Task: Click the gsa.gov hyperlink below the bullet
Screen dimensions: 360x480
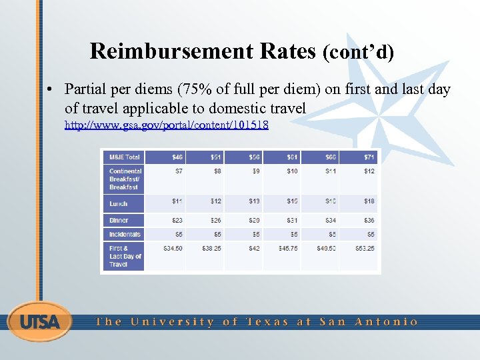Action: coord(166,125)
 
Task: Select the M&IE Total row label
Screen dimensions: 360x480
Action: coord(125,157)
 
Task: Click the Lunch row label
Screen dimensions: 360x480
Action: coord(119,204)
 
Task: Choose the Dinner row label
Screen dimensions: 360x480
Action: coord(119,220)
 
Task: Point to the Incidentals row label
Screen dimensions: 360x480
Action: coord(125,234)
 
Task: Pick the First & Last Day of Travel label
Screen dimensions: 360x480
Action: coord(125,256)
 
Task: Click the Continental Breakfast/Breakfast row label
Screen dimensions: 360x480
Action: coord(125,179)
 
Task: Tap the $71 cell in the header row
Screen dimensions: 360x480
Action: coord(369,157)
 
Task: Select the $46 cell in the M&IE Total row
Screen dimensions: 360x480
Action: coord(177,157)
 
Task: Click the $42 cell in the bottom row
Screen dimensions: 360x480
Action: coord(253,249)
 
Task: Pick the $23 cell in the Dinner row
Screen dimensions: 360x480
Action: coord(177,220)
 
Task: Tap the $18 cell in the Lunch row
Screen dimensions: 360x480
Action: coord(369,201)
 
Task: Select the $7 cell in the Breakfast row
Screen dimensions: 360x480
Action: coord(179,171)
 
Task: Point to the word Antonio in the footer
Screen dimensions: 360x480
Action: coord(387,322)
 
